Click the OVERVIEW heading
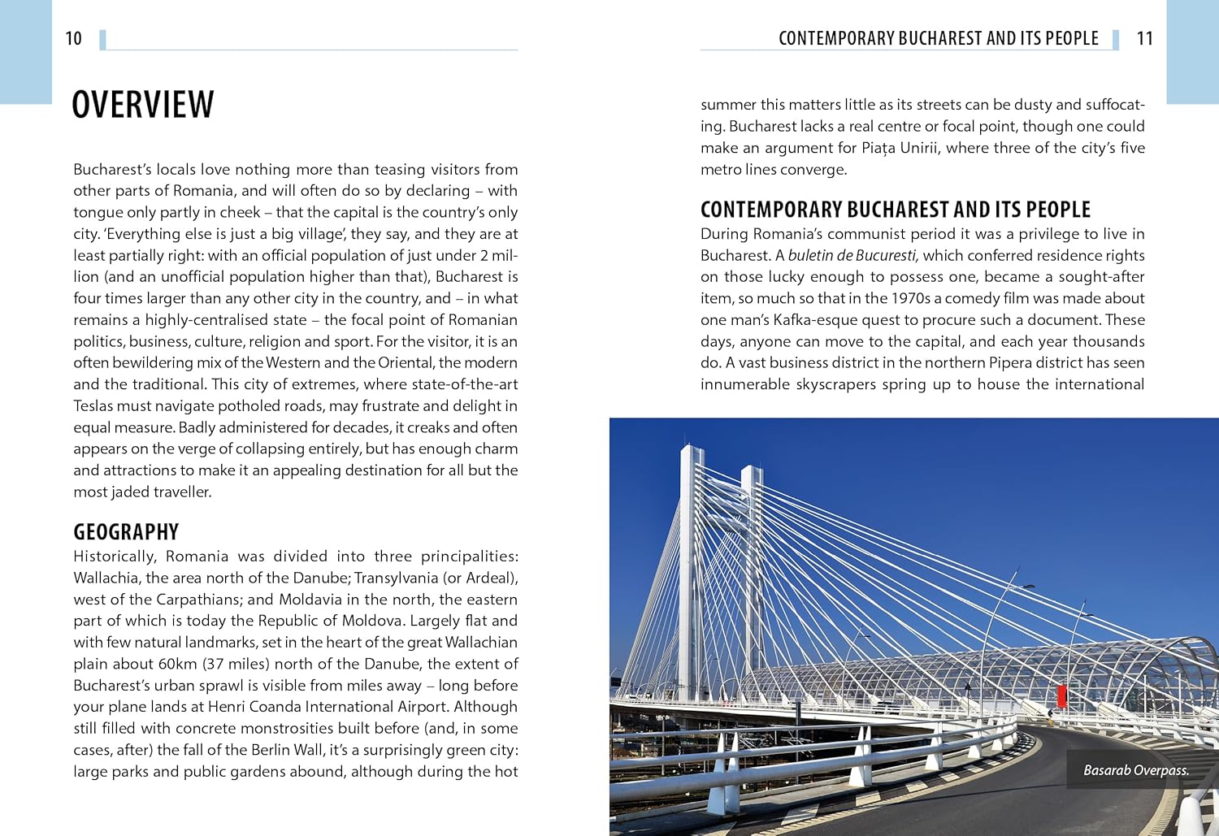[x=143, y=105]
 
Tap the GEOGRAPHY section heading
[x=126, y=532]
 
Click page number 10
[x=73, y=38]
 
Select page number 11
[x=1144, y=38]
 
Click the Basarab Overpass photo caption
[x=1135, y=770]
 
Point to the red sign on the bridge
[x=1061, y=696]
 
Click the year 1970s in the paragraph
[x=901, y=299]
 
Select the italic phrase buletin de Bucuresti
[x=852, y=256]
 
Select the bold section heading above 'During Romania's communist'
[x=895, y=210]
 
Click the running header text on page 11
[x=938, y=38]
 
